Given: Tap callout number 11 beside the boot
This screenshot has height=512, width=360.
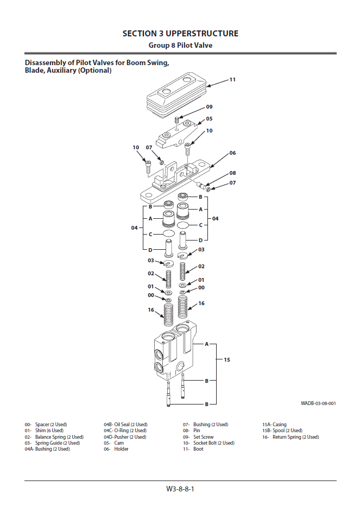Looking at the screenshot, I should pyautogui.click(x=232, y=80).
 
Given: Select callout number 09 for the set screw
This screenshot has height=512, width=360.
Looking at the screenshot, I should pyautogui.click(x=209, y=107).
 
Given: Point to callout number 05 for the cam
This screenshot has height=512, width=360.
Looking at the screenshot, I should pyautogui.click(x=209, y=118).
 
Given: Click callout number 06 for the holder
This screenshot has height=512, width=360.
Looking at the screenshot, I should pyautogui.click(x=232, y=153).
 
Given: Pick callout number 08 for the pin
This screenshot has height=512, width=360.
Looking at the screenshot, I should pyautogui.click(x=232, y=173).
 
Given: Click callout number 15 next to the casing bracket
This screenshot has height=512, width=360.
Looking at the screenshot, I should pyautogui.click(x=227, y=359).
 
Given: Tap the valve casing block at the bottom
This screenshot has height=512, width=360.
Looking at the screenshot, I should pyautogui.click(x=175, y=353).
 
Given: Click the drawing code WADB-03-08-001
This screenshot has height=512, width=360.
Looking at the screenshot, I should pyautogui.click(x=318, y=403).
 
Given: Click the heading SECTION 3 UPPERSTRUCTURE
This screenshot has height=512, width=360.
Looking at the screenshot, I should pyautogui.click(x=180, y=34).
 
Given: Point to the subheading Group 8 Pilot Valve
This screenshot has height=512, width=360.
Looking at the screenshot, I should pyautogui.click(x=180, y=46).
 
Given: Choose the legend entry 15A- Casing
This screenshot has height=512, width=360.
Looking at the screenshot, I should pyautogui.click(x=274, y=425).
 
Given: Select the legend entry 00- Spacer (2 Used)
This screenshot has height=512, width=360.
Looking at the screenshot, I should pyautogui.click(x=46, y=425).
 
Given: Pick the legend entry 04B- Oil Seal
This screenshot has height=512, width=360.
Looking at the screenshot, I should pyautogui.click(x=125, y=425).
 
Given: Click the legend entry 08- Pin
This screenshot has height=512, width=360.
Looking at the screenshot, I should pyautogui.click(x=192, y=431).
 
